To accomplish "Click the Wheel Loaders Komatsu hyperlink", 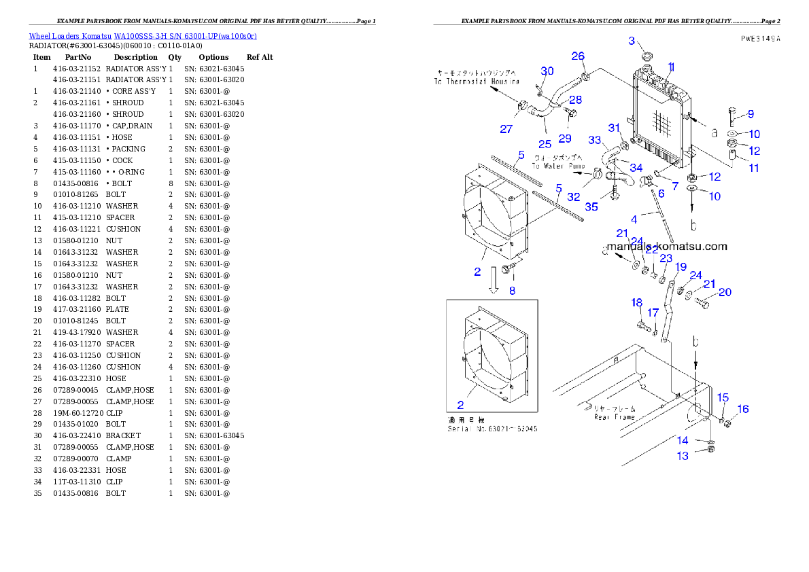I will point(143,35).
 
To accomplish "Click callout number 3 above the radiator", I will point(632,41).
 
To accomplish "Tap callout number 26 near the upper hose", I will point(577,56).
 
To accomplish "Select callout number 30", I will point(547,71).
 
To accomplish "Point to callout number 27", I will point(506,129).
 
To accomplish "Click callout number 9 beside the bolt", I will point(751,113).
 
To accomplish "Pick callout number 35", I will point(591,207).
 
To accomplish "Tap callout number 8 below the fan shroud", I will point(512,291).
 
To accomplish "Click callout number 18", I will point(636,303).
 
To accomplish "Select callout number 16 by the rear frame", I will point(743,409).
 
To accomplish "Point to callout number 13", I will point(682,457).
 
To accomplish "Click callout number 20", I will point(725,292).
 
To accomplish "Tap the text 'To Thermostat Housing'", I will point(477,81).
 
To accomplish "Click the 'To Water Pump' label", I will point(558,166).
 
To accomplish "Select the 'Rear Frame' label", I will point(614,417).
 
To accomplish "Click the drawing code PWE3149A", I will point(760,39).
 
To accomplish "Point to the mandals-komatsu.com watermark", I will point(667,247).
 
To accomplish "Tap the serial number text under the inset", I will point(492,429).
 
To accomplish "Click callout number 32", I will point(574,197).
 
